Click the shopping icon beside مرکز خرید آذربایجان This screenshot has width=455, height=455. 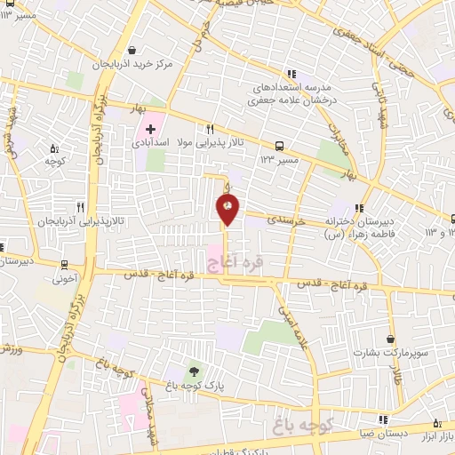[132, 50]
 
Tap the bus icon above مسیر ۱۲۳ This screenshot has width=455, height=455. [280, 146]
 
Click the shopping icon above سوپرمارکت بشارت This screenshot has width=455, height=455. [391, 339]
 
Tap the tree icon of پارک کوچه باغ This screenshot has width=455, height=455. [195, 371]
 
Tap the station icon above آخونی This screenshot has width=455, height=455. [64, 264]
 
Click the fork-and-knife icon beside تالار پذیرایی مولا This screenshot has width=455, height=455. [210, 127]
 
